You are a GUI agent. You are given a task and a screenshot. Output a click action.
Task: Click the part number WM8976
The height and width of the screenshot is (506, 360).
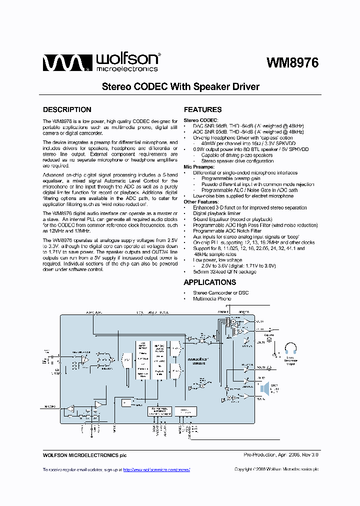coord(292,63)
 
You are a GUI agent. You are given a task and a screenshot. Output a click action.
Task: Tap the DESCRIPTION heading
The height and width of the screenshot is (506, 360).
coord(67,109)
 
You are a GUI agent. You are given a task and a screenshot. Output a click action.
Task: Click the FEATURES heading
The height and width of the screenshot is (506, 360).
coord(202,109)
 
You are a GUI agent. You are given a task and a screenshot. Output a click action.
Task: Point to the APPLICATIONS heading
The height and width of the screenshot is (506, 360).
coord(213,282)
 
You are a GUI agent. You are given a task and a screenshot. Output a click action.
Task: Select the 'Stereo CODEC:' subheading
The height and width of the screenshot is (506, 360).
coord(200,120)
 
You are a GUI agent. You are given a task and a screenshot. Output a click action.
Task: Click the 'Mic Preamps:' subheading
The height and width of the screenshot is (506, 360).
coord(199,167)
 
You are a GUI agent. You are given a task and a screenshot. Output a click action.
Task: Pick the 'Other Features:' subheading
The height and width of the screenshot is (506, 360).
coord(201,202)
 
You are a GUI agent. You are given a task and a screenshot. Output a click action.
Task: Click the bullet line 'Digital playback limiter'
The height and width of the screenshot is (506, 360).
coord(217,213)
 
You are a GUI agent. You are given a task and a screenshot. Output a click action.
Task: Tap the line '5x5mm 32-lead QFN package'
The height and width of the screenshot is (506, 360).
coord(224,271)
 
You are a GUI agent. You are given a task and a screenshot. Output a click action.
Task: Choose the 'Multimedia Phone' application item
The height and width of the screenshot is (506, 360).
coord(212,299)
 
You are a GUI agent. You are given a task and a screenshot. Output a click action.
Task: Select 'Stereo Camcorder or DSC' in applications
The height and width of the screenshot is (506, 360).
coord(220,293)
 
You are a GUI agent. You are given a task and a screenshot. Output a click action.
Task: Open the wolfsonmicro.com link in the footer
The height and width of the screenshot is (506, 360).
coord(156,469)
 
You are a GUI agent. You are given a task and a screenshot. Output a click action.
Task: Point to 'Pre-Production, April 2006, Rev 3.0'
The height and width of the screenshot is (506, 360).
coord(280,455)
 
